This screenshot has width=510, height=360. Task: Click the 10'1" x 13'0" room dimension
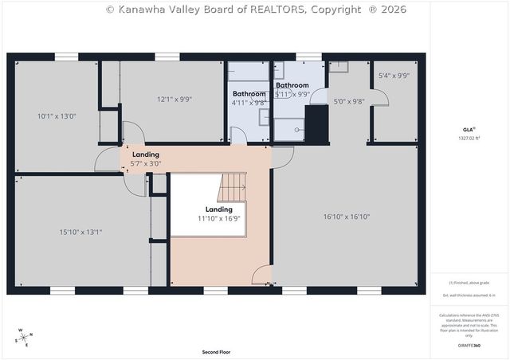[x=57, y=116]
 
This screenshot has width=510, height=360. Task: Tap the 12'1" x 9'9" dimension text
[x=175, y=100]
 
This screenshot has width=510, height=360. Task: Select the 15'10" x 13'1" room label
[x=80, y=233]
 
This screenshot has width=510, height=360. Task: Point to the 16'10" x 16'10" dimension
[x=347, y=217]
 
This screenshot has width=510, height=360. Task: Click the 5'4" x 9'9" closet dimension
[x=394, y=76]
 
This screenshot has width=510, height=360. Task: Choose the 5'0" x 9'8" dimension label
[x=348, y=101]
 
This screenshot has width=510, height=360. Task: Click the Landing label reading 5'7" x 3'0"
[x=146, y=158]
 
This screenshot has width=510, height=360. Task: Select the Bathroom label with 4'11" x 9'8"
[x=249, y=98]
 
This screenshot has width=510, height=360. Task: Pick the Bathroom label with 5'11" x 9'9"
[x=292, y=89]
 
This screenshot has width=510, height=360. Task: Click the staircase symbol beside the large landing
[x=233, y=188]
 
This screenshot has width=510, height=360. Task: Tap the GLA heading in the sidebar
[x=469, y=129]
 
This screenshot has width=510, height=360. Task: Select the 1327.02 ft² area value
[x=469, y=139]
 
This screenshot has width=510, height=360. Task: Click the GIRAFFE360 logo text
[x=469, y=346]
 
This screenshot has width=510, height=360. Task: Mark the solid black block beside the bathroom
[x=317, y=124]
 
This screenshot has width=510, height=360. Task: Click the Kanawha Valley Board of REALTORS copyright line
[x=256, y=10]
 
